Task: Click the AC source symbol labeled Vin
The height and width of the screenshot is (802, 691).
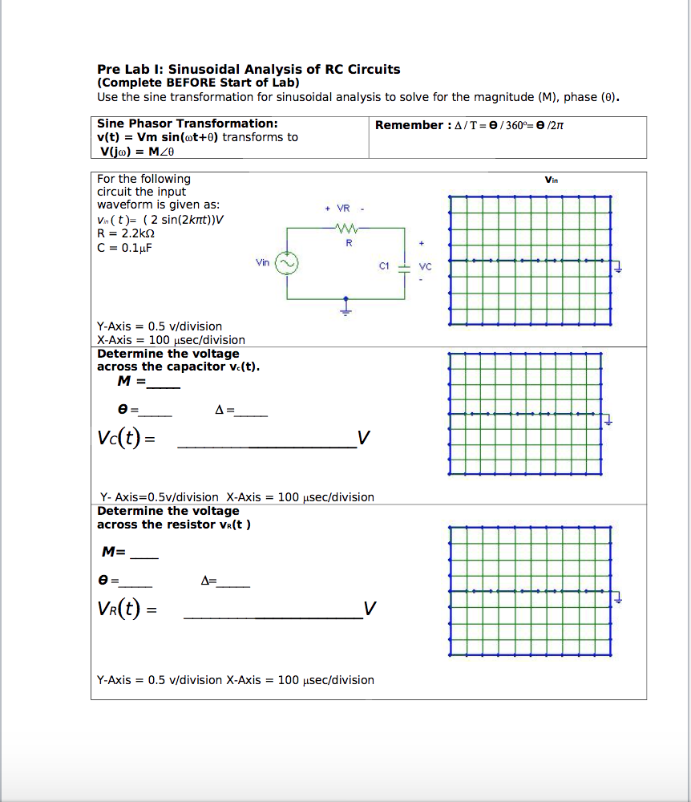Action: pos(286,263)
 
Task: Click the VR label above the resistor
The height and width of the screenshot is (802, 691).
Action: pos(343,209)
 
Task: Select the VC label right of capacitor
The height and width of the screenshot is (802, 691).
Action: pos(425,266)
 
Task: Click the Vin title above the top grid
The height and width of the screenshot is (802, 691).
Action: pos(551,180)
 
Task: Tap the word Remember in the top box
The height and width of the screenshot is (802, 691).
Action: pos(408,125)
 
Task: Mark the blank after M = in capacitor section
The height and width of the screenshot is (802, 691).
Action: pos(164,383)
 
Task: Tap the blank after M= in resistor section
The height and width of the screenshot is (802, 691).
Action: pos(145,553)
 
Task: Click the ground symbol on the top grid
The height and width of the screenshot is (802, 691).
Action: pos(617,268)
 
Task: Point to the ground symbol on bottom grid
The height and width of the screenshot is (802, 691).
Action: pos(617,597)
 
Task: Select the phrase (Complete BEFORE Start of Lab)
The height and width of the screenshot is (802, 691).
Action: pos(198,83)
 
